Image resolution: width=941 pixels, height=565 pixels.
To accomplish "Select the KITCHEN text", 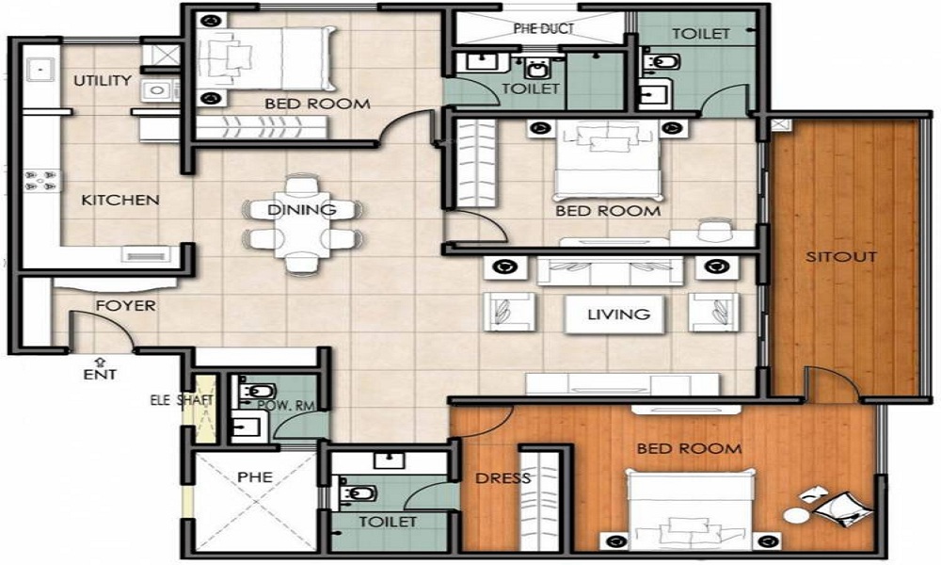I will coord(120,201).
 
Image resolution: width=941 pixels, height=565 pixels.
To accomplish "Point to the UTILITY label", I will coord(103,81).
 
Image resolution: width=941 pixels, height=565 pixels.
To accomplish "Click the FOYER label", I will coord(125,306).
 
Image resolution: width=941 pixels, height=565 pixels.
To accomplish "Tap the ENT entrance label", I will coord(100,375).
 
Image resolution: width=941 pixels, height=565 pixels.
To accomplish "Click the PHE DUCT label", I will coord(543,29).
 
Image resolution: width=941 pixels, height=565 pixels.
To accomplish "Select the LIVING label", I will coord(619,315).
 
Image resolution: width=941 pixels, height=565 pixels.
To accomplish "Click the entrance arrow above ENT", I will coord(100,360).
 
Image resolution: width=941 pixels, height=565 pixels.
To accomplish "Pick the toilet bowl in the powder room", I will coord(254,392).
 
